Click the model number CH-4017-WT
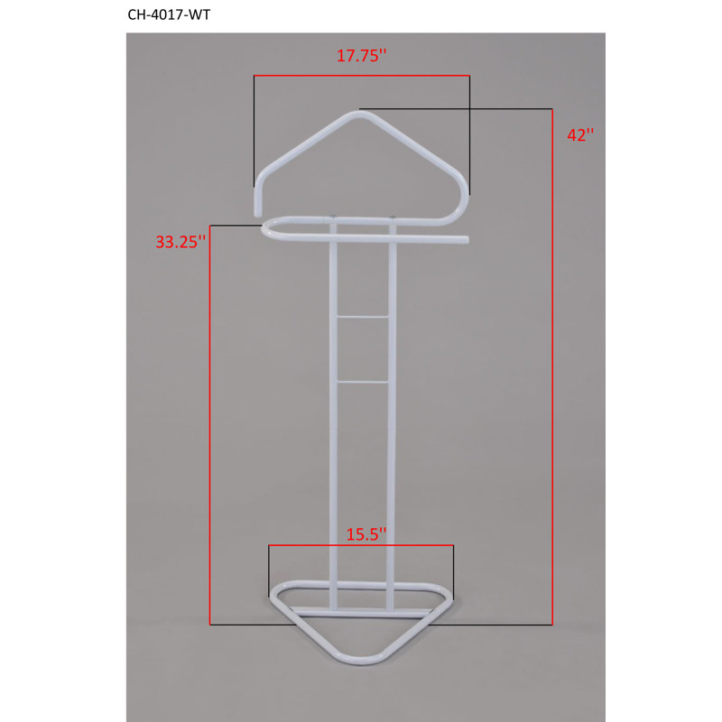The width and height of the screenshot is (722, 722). click(x=169, y=14)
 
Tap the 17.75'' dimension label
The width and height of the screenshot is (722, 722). click(x=362, y=56)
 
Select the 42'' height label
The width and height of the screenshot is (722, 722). click(x=580, y=134)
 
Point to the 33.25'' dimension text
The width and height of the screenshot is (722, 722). click(x=180, y=242)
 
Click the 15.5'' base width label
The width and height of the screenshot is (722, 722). click(x=366, y=534)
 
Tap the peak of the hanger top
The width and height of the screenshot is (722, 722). click(x=359, y=114)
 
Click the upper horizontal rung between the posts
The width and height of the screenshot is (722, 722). click(x=363, y=317)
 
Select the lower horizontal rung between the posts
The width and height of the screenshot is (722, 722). click(x=363, y=382)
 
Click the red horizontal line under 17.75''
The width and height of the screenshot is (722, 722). click(x=362, y=76)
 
